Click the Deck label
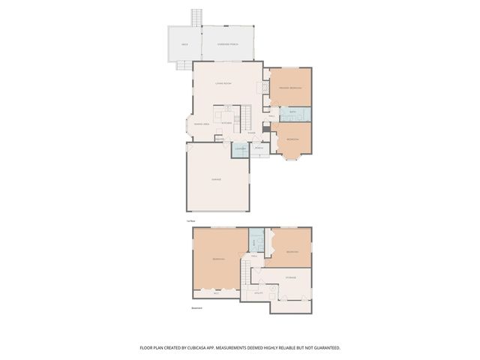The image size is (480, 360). pos(184,44)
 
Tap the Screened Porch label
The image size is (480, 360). pos(228,44)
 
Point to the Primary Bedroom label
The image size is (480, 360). pos(291,88)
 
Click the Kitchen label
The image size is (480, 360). pos(226,123)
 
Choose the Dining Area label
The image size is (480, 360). pos(201,124)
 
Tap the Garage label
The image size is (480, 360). pos(216,179)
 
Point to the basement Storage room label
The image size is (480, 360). pos(290,277)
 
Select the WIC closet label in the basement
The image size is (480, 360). pos(216,293)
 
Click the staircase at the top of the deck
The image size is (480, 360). pos(197,17)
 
